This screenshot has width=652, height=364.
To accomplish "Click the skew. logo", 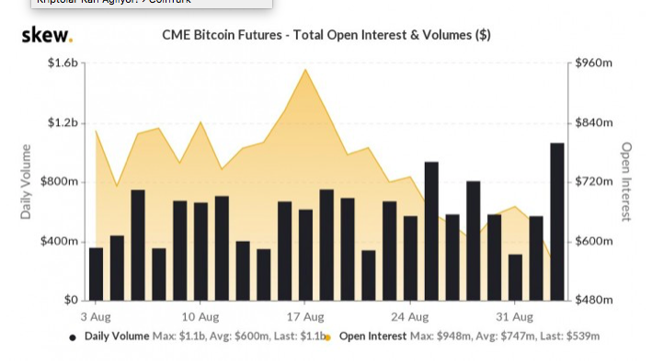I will click(x=46, y=35).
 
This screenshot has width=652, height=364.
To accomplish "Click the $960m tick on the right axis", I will click(x=593, y=63).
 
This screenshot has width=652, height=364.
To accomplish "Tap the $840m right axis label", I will click(x=593, y=123).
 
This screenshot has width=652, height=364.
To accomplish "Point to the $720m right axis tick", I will click(x=593, y=182).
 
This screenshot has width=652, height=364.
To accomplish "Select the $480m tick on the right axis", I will click(x=593, y=301).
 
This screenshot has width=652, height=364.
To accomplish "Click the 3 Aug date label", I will click(x=97, y=315).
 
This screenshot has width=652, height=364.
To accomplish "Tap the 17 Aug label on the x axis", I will click(x=305, y=315).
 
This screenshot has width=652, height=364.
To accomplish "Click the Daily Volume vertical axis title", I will click(x=26, y=182).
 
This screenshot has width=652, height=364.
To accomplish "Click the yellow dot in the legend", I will click(x=328, y=337).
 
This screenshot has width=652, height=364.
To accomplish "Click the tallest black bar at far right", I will click(x=557, y=222).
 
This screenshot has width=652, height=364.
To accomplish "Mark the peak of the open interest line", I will click(x=305, y=69).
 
